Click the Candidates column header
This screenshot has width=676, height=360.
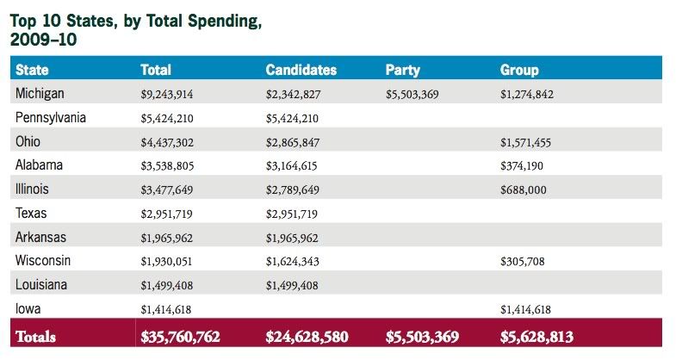click(x=301, y=70)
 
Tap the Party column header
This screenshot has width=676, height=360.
click(x=403, y=71)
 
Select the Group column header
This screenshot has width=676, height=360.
click(x=519, y=71)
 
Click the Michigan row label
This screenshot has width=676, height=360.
click(x=40, y=94)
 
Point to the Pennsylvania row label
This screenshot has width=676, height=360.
click(x=51, y=118)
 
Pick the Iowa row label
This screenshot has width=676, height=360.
click(x=28, y=308)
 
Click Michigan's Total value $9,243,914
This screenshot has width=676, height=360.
click(x=167, y=95)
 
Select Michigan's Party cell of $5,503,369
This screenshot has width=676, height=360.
click(x=412, y=95)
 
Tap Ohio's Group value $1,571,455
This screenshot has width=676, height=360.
click(x=525, y=142)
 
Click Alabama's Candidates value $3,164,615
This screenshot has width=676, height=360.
click(x=291, y=166)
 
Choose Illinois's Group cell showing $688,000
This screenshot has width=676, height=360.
click(x=524, y=190)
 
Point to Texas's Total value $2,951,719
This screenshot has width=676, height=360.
click(x=166, y=214)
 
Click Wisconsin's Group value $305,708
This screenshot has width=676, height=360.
click(x=523, y=261)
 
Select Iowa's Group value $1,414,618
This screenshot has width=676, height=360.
click(x=525, y=309)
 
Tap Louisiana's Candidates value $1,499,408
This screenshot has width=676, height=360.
click(x=292, y=285)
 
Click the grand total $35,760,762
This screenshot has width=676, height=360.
click(x=180, y=337)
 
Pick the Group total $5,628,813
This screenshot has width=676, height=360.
click(x=536, y=337)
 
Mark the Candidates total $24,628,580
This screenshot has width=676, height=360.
click(x=307, y=337)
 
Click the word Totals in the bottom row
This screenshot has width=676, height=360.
click(x=36, y=337)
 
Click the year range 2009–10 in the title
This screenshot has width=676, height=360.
click(x=43, y=40)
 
